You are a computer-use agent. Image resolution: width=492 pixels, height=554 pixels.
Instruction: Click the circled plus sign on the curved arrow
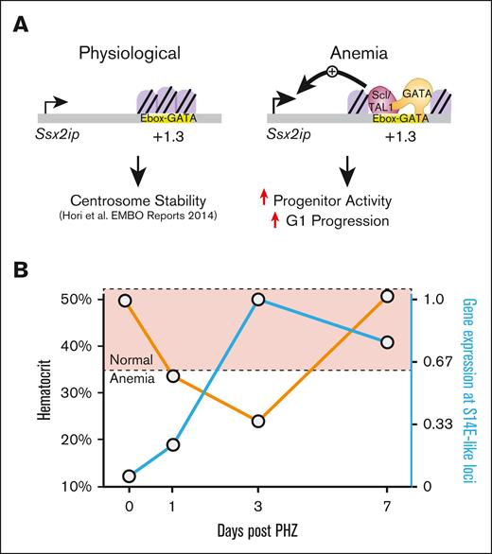(333, 72)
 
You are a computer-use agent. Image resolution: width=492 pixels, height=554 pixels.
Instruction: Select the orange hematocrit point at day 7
(387, 297)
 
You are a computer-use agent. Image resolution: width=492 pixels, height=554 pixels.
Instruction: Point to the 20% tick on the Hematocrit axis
(97, 440)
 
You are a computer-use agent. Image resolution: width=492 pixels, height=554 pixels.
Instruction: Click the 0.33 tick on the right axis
(432, 424)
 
